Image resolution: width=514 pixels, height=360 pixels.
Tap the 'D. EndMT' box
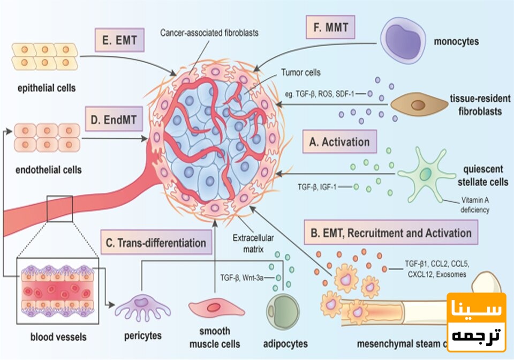(x=114, y=118)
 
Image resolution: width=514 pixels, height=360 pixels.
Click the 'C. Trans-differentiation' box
(x=155, y=243)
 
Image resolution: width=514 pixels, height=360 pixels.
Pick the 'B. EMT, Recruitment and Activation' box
(x=390, y=233)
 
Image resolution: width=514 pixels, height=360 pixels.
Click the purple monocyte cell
(x=405, y=39)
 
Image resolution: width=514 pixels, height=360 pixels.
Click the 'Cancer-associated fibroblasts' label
(x=209, y=33)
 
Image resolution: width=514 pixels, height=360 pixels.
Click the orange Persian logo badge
(x=477, y=322)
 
